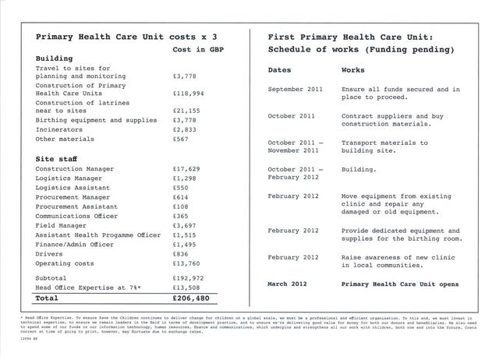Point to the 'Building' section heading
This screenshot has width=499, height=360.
(54, 59)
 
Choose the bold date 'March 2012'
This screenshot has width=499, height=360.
(288, 283)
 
